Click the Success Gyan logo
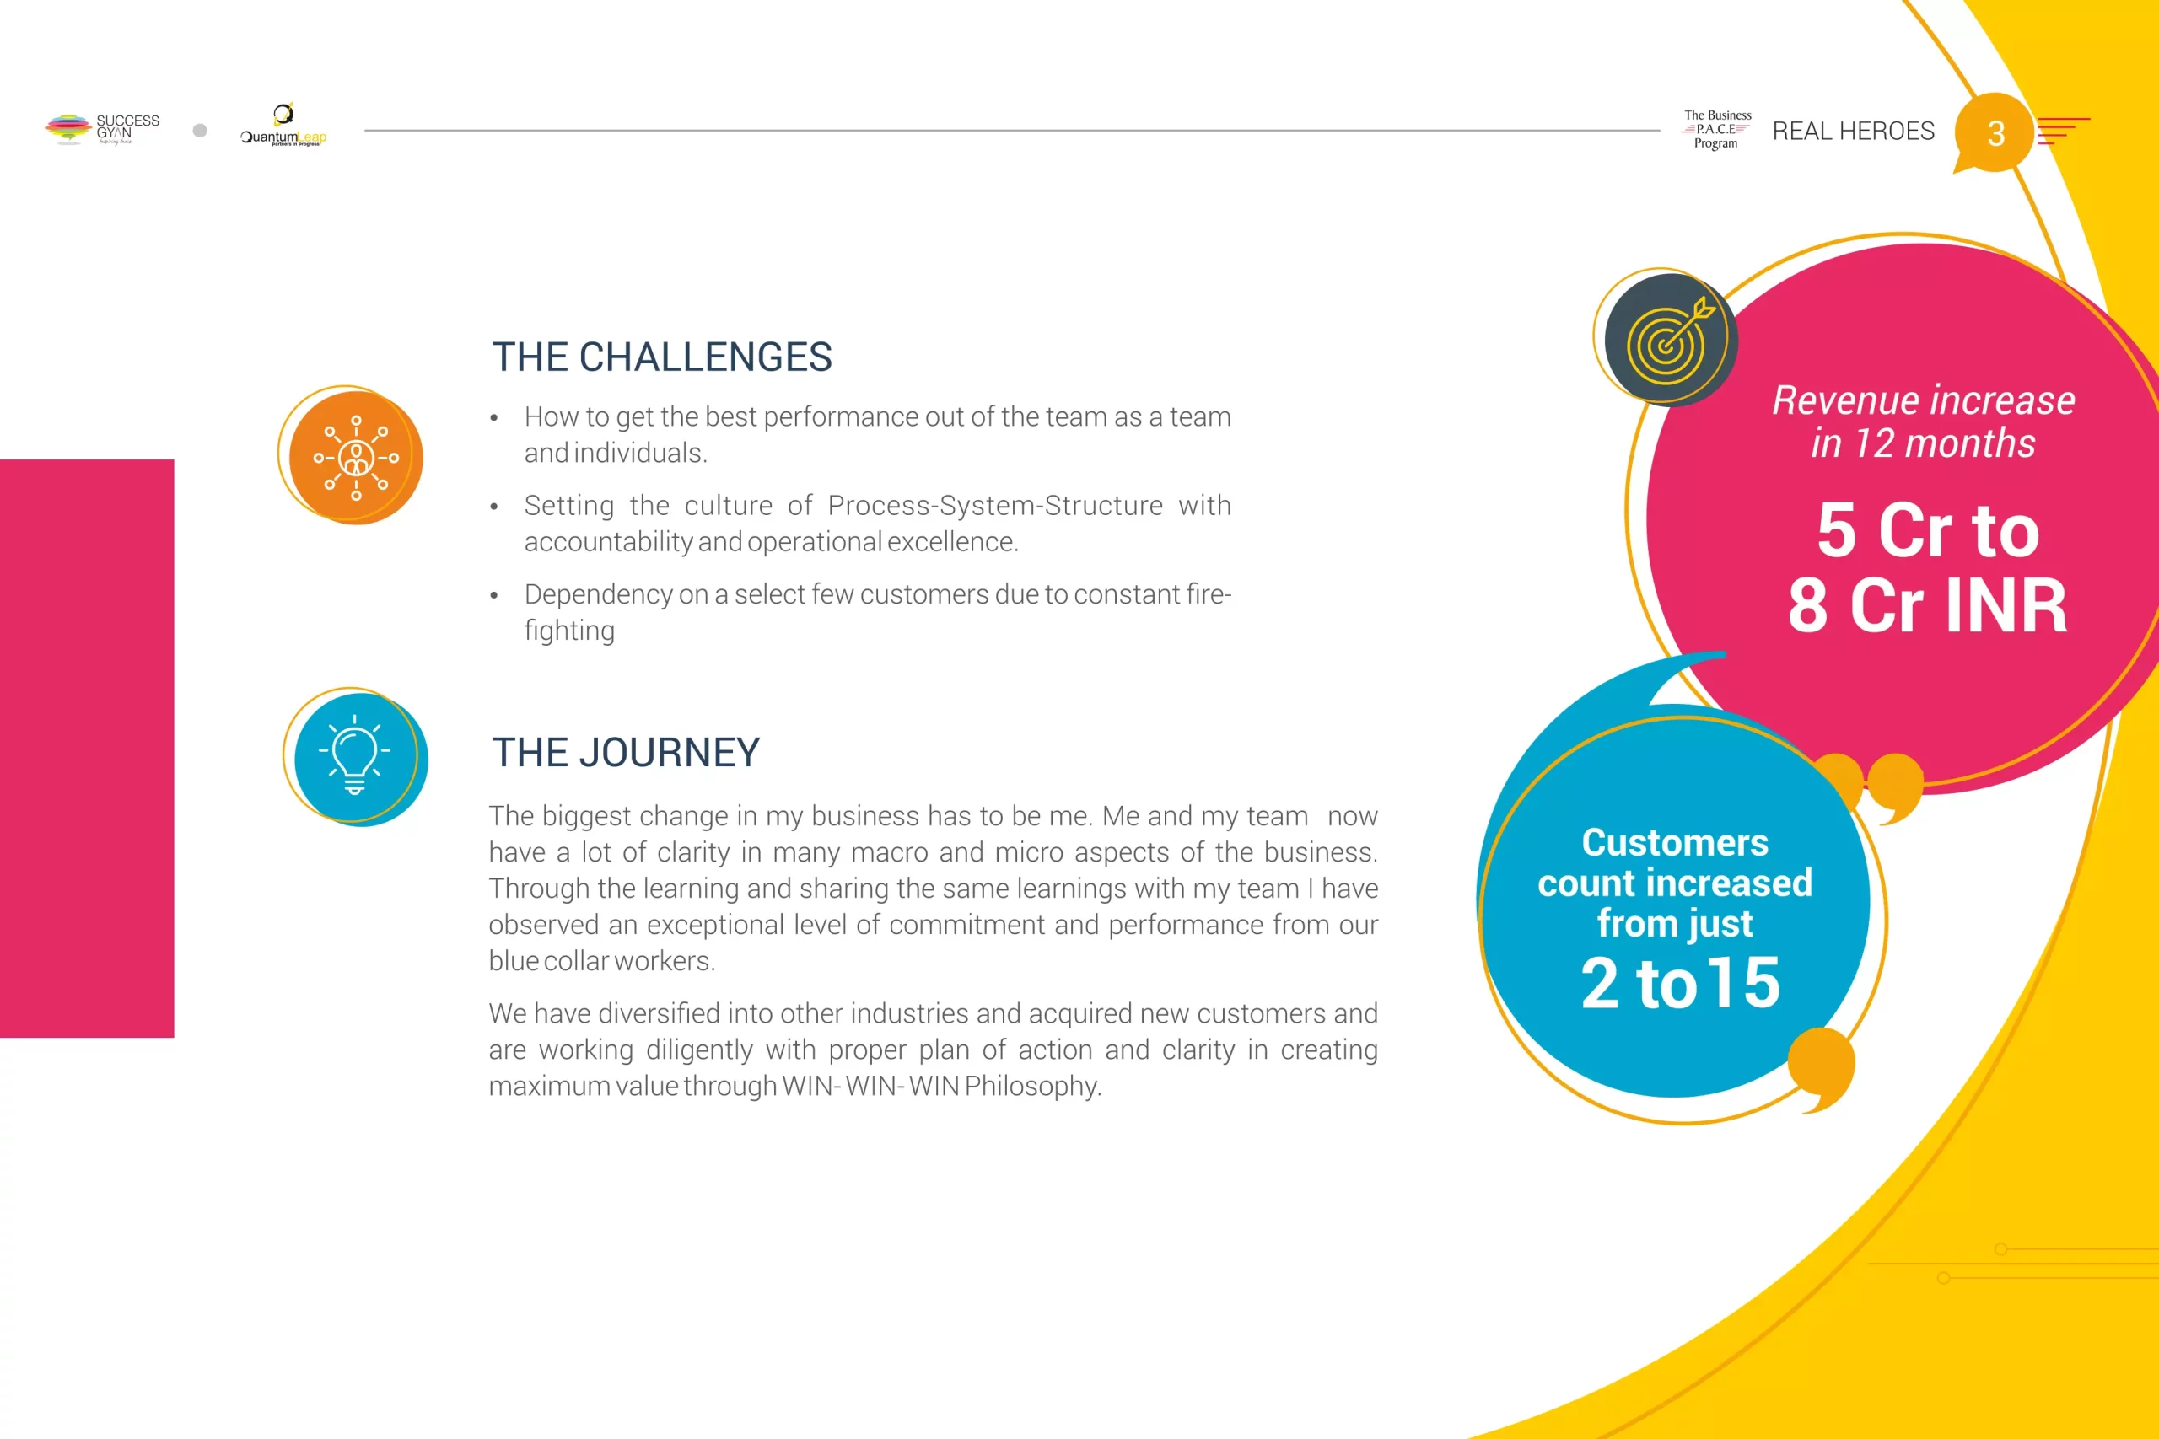point(102,128)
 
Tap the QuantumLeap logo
point(283,125)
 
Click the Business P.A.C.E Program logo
point(1716,129)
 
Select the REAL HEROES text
point(1854,132)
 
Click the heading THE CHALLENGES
point(662,357)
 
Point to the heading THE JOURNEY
point(626,753)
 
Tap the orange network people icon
point(355,457)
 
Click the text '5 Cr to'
point(1928,530)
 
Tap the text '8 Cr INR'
point(1928,606)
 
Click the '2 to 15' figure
point(1680,983)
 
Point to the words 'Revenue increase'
point(1923,401)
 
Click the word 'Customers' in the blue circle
point(1675,842)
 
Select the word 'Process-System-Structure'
point(995,506)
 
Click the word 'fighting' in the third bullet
point(569,631)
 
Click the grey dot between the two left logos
point(200,131)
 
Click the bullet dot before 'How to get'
point(494,418)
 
